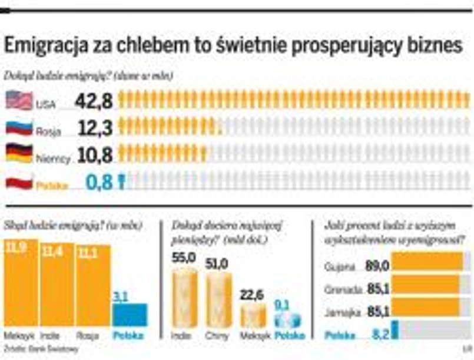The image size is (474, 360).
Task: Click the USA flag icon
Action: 19,101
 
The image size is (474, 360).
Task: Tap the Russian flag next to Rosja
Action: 19,128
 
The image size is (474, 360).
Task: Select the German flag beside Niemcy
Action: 19,153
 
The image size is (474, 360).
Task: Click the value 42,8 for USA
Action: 94,101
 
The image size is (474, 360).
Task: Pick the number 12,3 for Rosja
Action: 94,128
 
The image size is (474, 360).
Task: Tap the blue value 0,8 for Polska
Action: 98,182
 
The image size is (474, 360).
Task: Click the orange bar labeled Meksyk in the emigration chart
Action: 21,283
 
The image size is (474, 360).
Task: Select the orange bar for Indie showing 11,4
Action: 57,285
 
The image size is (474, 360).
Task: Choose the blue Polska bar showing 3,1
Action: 130,315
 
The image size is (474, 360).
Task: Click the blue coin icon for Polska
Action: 288,320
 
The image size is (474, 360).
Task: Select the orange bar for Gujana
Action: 427,261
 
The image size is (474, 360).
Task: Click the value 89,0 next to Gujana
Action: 377,266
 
